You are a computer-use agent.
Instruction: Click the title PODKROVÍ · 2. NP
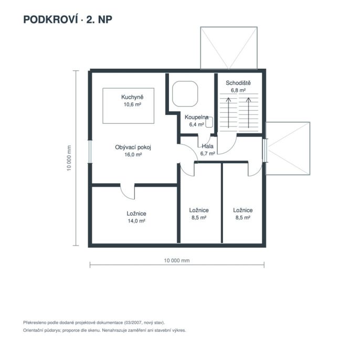68,19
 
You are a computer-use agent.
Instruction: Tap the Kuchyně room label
132,97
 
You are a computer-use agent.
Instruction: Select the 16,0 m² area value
133,155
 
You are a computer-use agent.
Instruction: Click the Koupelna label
196,118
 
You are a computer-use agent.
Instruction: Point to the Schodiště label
238,83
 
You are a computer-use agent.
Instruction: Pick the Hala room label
208,146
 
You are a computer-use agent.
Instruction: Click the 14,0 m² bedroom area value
136,221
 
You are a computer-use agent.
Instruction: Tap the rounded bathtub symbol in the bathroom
185,93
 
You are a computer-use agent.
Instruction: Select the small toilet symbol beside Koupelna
209,122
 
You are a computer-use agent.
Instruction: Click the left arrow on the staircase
228,112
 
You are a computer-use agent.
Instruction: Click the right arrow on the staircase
248,112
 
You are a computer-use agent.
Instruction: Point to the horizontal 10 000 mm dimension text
177,261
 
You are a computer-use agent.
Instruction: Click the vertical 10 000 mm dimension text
69,158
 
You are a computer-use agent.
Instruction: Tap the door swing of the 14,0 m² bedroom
128,192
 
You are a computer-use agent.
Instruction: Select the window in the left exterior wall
90,152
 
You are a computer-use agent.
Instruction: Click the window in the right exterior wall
265,151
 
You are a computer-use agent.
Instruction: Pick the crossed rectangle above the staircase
229,48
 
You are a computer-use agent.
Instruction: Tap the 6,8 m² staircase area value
238,90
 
